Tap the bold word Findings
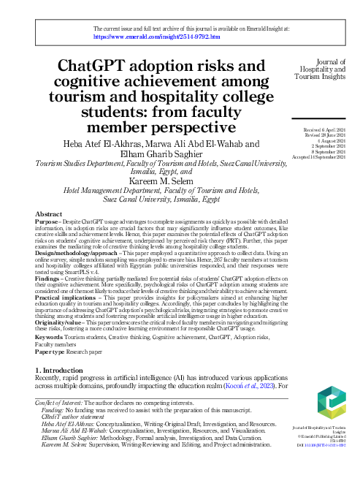(47, 280)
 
